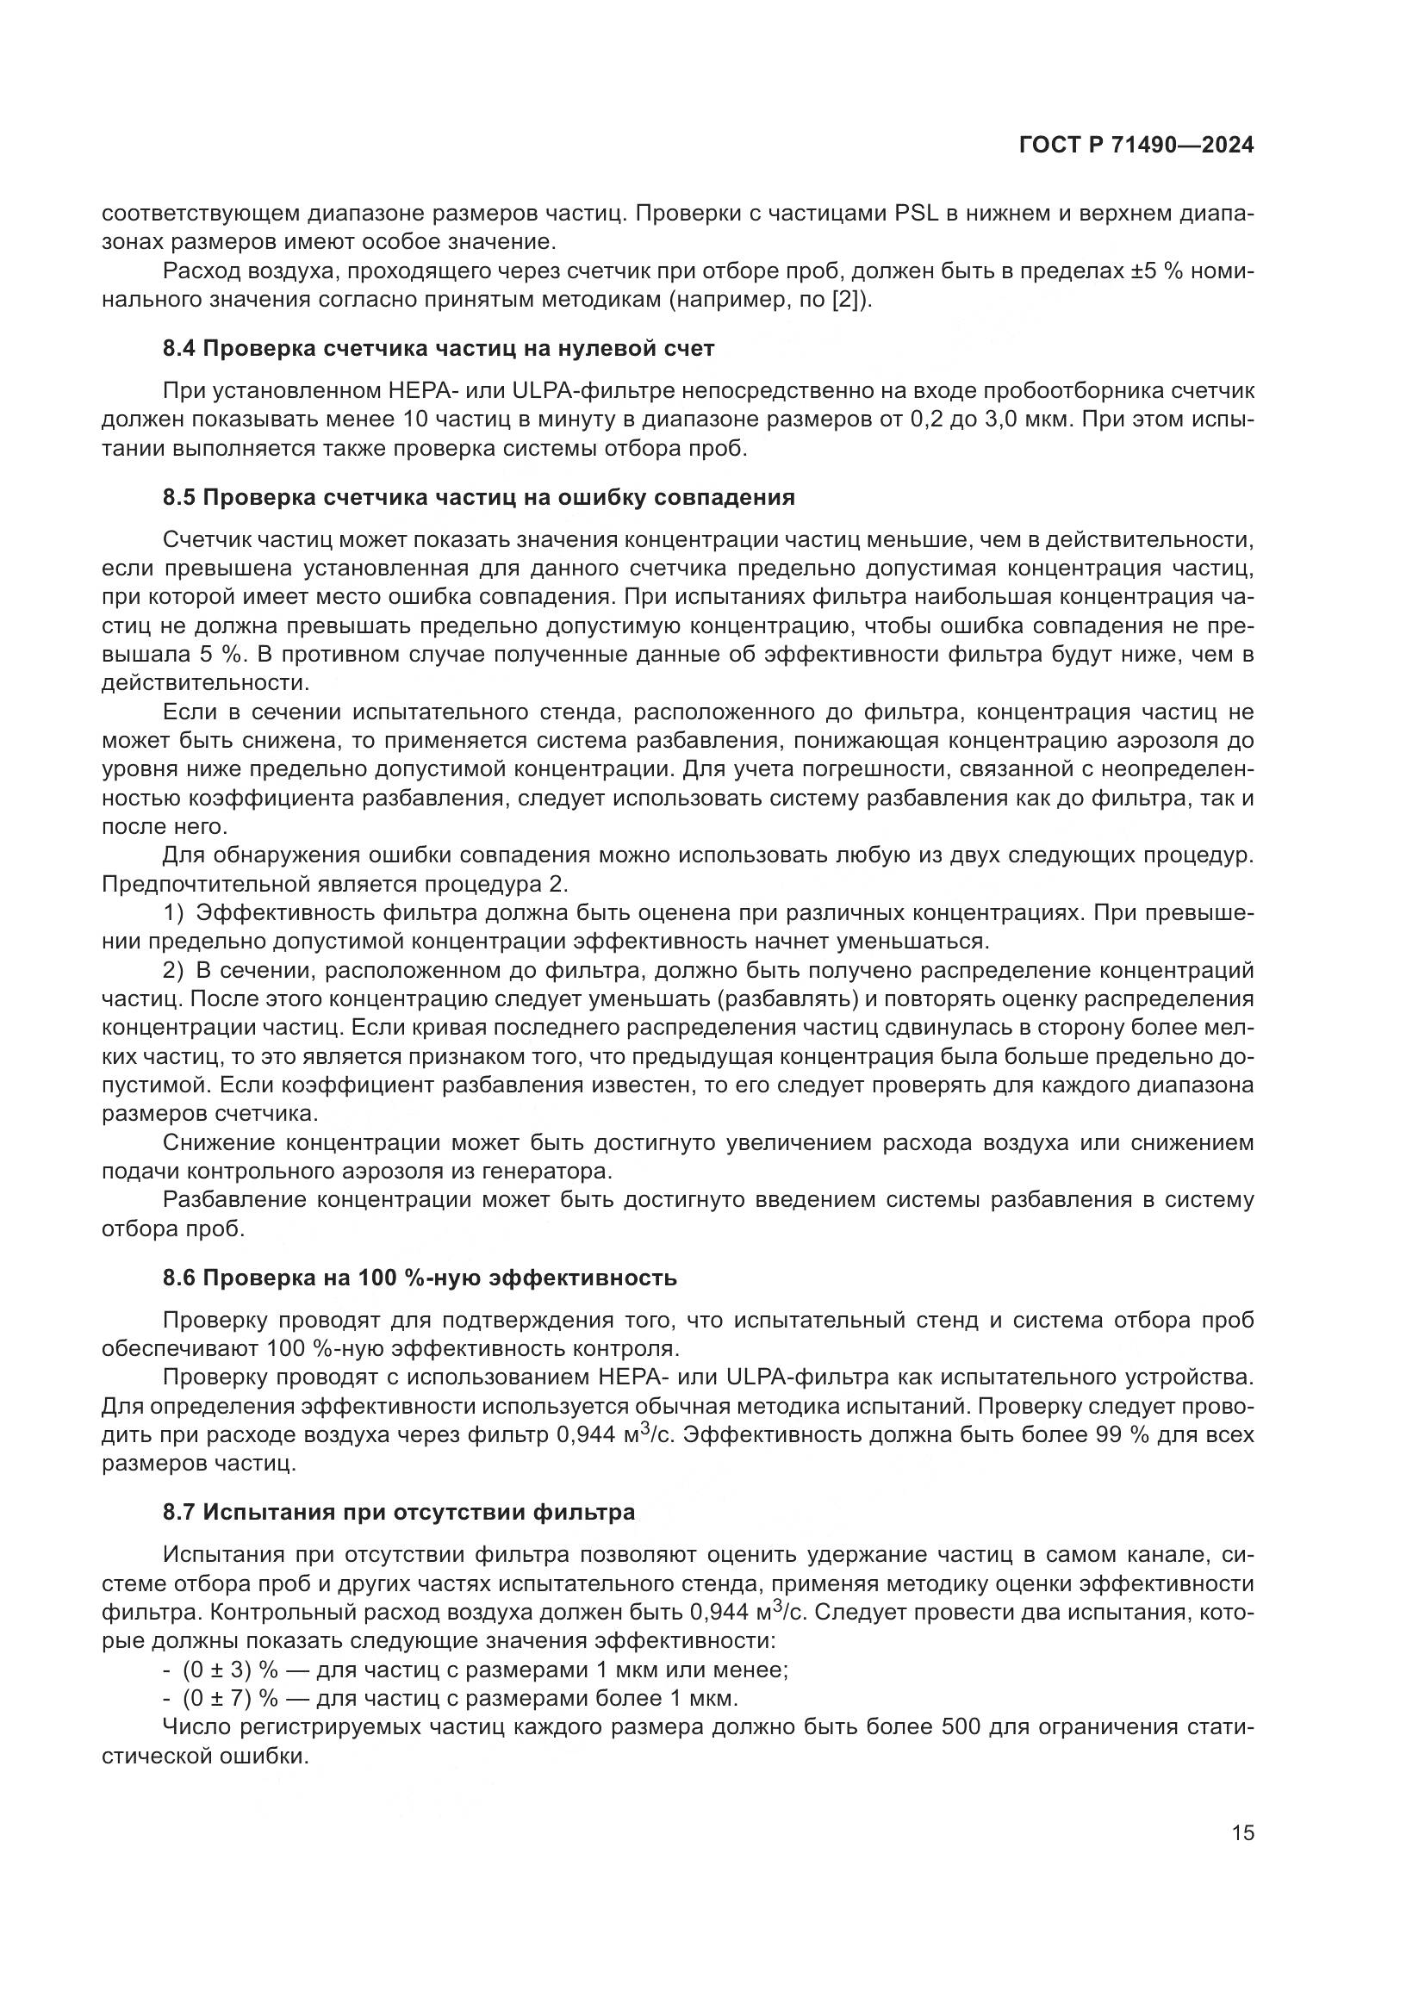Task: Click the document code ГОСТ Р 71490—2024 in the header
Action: pyautogui.click(x=1136, y=146)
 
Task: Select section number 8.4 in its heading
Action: pyautogui.click(x=180, y=348)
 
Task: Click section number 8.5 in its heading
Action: pyautogui.click(x=180, y=498)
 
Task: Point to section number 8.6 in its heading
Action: pyautogui.click(x=180, y=1277)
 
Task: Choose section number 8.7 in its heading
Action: pyautogui.click(x=180, y=1511)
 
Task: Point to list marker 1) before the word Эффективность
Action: pyautogui.click(x=174, y=912)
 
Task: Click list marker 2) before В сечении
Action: pyautogui.click(x=174, y=970)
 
